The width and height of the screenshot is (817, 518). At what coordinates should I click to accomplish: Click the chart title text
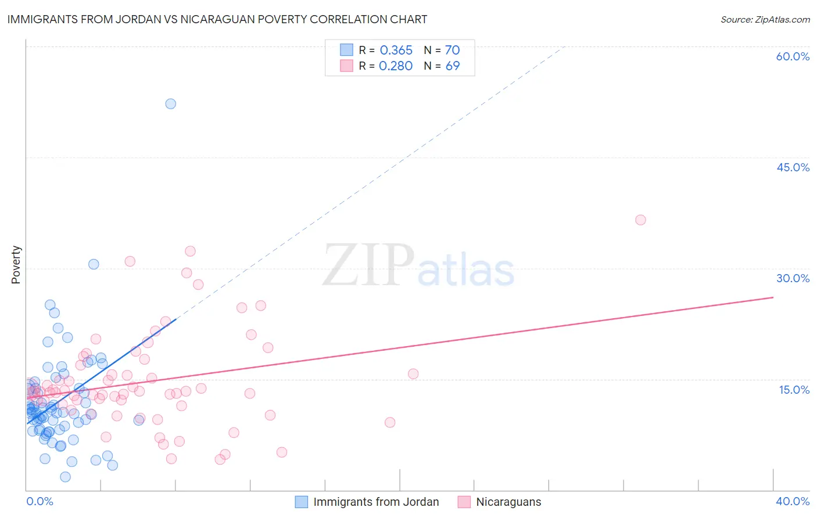pos(217,19)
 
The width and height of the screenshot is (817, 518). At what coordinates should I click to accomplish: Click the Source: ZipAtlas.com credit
pos(765,20)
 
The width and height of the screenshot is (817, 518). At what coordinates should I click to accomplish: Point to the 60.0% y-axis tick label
pos(793,56)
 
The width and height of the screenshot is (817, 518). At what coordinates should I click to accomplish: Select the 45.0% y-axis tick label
pos(793,167)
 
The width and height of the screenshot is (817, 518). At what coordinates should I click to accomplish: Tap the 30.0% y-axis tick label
pos(793,278)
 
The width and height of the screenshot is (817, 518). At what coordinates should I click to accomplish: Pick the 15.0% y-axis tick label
pos(794,390)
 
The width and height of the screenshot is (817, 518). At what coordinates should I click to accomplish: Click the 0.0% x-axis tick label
pos(40,501)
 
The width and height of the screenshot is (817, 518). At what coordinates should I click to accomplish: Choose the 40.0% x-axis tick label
pos(793,501)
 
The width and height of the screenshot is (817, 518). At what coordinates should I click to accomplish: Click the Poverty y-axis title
pos(16,265)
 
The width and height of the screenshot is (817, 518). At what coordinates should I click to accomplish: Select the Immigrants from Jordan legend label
pos(376,502)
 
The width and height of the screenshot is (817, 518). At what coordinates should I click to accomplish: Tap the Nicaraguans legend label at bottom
pos(508,502)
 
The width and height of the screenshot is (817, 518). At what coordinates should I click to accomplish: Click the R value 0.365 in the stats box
pos(396,51)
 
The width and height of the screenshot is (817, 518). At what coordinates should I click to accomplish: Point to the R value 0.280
pos(395,66)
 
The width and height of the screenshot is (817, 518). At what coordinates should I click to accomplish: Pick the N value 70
pos(452,51)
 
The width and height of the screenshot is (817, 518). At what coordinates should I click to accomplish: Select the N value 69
pos(452,66)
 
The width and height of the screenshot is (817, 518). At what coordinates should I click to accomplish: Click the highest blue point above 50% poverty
pos(170,104)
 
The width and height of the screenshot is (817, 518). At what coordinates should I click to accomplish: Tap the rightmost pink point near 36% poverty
pos(640,220)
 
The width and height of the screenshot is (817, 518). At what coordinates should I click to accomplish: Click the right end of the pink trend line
pos(773,297)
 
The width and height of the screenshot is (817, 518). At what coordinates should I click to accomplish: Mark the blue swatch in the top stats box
pos(346,50)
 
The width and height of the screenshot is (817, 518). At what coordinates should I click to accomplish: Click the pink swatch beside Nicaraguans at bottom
pos(464,502)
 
